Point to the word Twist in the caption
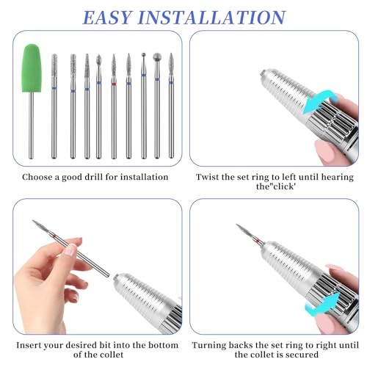208,177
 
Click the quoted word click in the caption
233,188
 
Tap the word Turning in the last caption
212,345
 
